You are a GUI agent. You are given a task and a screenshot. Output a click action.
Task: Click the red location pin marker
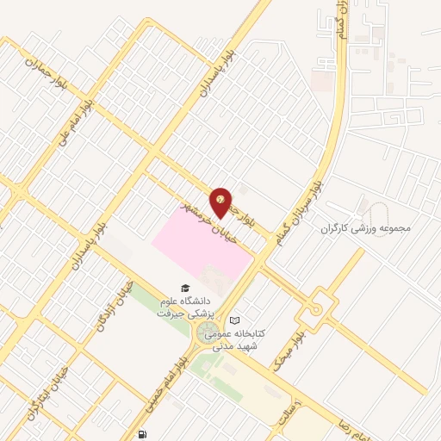[x=222, y=202]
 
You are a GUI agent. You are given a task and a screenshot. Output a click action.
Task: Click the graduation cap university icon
[x=183, y=289]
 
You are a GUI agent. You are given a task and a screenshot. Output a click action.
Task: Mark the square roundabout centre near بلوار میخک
[x=320, y=307]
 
